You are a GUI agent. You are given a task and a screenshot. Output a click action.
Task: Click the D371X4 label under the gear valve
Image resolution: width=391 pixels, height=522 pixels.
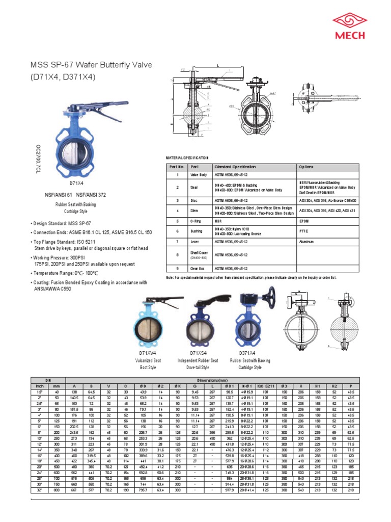click(247, 353)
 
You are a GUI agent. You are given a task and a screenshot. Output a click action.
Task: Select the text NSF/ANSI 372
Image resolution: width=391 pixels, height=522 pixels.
click(93, 195)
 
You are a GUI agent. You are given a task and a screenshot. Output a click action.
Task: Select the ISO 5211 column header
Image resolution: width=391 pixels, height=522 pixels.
click(266, 386)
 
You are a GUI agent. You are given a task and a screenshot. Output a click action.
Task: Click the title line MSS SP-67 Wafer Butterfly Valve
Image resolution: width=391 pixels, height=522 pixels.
click(92, 65)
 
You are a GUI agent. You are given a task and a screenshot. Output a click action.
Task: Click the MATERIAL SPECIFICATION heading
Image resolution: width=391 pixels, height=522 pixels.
click(188, 159)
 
